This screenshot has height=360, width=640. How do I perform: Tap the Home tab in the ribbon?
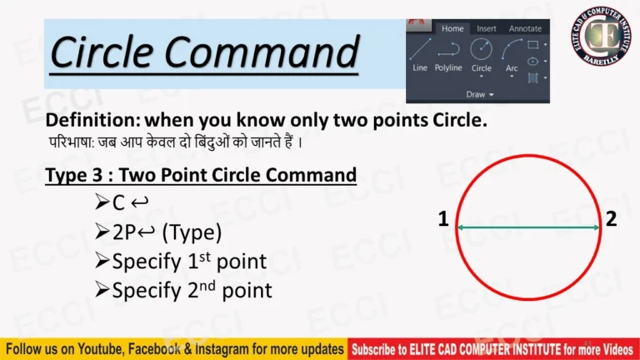coord(452,28)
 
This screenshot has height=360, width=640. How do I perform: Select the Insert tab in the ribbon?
coord(487,28)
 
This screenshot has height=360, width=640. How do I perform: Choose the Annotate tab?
coord(525,28)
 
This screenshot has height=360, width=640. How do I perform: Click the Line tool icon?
coord(420,49)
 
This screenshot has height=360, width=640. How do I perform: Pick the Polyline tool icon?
coord(448,49)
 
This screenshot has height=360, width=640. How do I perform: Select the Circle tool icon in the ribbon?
coord(482,49)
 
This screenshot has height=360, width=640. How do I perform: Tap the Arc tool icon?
coord(512,49)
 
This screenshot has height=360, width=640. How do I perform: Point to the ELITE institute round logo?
coord(601,37)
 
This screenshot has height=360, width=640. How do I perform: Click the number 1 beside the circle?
coord(443,220)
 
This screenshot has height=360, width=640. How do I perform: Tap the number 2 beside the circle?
coord(612,220)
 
